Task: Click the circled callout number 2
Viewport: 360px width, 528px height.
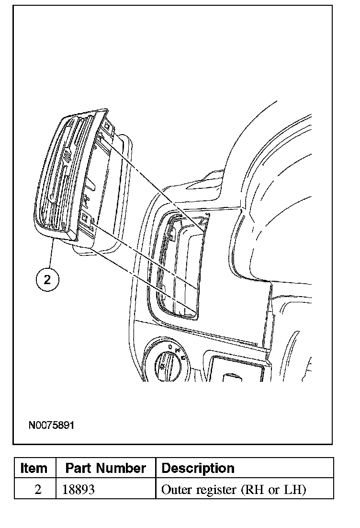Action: [x=47, y=280]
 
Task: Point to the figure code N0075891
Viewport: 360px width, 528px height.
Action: [x=52, y=425]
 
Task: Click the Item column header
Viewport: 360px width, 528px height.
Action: [x=34, y=468]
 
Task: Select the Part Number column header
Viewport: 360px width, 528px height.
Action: [x=105, y=468]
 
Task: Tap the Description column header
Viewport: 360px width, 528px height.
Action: [x=198, y=468]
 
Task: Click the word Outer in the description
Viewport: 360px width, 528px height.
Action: [x=175, y=490]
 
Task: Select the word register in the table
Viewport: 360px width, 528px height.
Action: [x=214, y=490]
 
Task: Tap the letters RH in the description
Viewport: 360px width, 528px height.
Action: [x=254, y=490]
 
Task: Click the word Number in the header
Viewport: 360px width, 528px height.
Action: [x=125, y=468]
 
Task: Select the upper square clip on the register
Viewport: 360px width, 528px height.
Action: [x=106, y=127]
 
